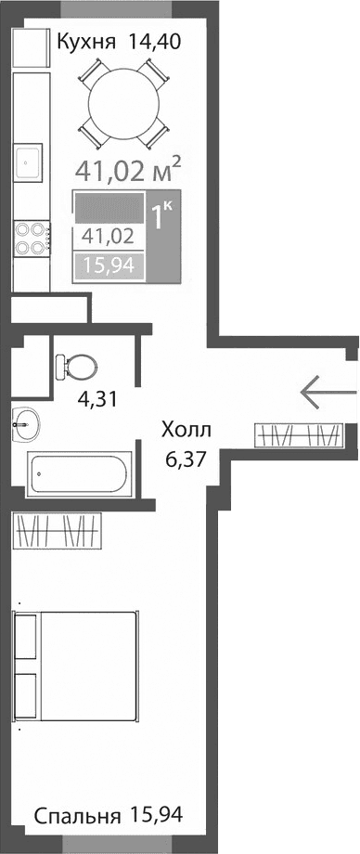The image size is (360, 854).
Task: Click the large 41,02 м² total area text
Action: click(x=128, y=170)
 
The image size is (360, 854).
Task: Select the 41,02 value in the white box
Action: click(x=108, y=236)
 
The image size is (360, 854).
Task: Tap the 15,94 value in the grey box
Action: click(x=108, y=266)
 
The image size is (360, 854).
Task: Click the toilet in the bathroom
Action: click(x=74, y=365)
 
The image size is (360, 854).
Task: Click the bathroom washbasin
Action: click(x=26, y=425)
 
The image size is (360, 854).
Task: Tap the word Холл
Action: click(x=186, y=430)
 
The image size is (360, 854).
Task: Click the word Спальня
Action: click(x=77, y=816)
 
